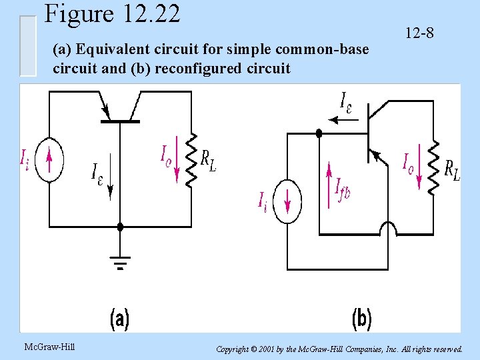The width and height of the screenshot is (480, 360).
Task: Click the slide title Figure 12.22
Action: (112, 14)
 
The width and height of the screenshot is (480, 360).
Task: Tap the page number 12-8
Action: (418, 32)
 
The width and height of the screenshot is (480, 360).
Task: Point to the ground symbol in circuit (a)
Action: (120, 263)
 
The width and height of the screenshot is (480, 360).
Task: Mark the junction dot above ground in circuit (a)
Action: (120, 227)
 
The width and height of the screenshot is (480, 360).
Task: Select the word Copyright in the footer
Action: (235, 349)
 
